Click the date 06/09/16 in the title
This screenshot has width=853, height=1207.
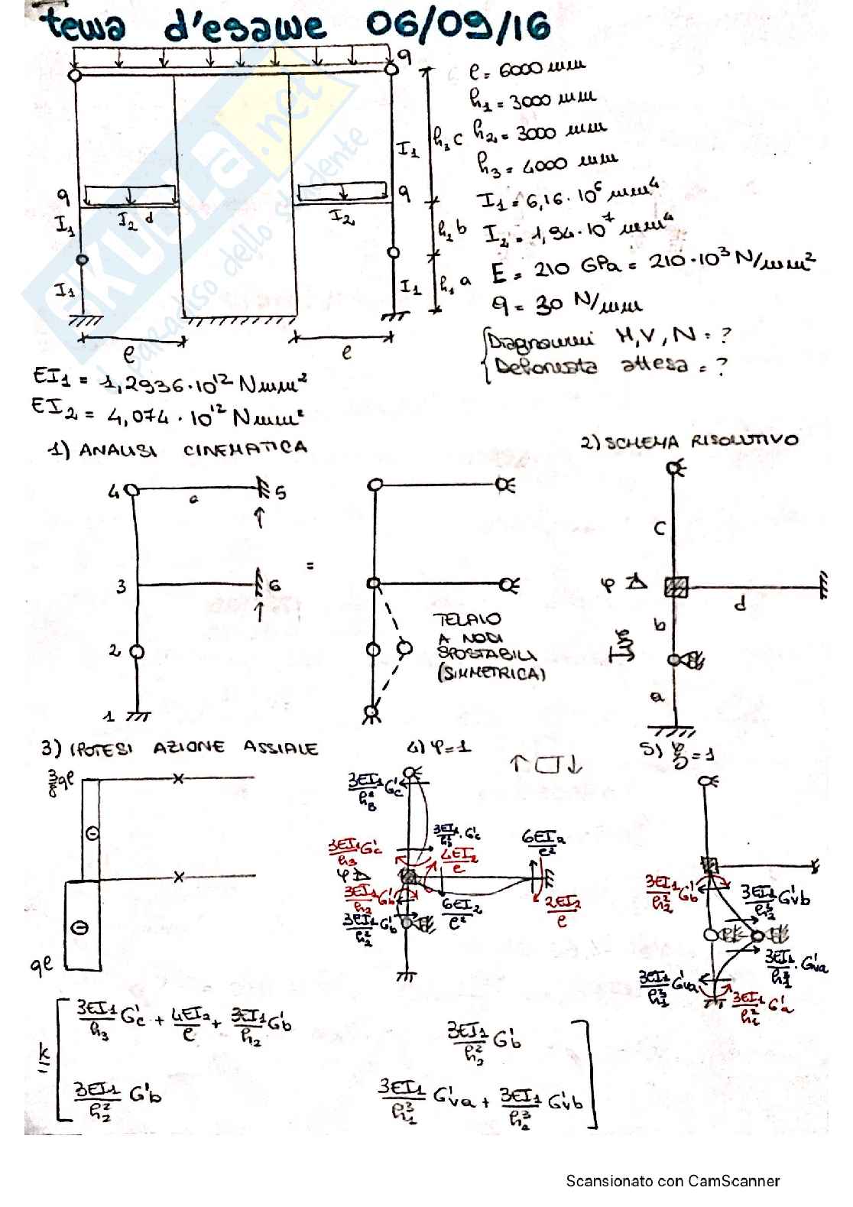458,27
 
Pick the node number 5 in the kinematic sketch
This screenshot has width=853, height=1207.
281,492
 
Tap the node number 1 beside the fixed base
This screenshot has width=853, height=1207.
109,715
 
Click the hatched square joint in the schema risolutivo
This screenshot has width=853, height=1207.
676,586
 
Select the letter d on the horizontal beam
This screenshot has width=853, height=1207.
739,605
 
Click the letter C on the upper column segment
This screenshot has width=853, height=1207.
660,528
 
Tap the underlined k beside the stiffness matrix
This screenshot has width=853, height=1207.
42,1056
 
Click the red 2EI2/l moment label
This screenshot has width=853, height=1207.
563,911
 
